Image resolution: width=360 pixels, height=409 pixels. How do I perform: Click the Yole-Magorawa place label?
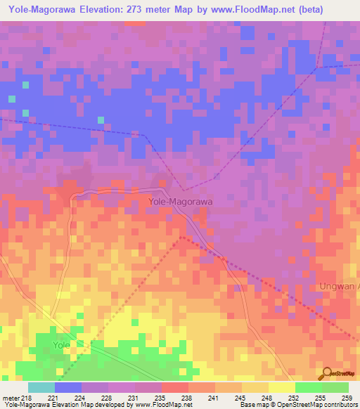click(181, 201)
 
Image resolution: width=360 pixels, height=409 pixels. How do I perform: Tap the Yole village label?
click(62, 345)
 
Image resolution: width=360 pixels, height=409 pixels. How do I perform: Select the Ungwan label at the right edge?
click(340, 286)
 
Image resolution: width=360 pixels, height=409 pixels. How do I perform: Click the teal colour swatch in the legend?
click(41, 387)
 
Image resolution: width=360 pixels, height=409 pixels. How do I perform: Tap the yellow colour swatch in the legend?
click(281, 387)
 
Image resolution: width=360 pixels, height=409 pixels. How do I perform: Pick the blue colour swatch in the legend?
click(68, 387)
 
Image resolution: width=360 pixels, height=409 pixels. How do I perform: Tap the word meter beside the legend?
click(8, 397)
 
